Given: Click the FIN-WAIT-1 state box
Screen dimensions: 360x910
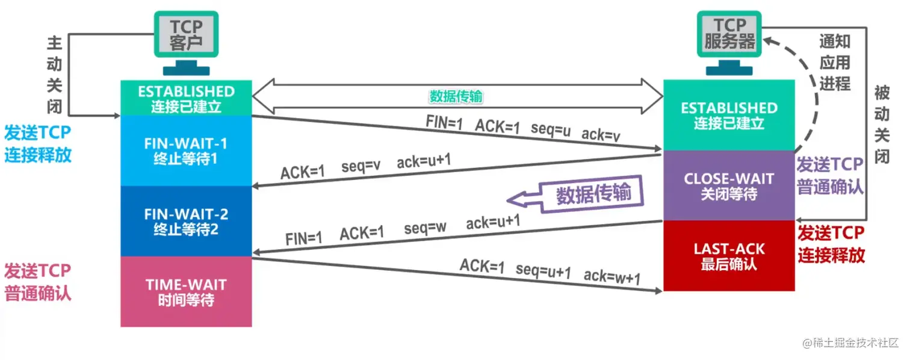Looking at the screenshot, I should pyautogui.click(x=186, y=151).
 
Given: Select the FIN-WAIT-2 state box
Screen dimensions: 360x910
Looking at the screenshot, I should pyautogui.click(x=186, y=222).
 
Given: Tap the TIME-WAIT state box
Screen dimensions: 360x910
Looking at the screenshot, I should pyautogui.click(x=186, y=292).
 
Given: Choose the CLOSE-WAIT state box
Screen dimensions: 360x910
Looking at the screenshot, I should pyautogui.click(x=728, y=186).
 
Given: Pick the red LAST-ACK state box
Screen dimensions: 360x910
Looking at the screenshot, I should pyautogui.click(x=728, y=256).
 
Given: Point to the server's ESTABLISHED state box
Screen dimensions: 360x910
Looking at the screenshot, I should pyautogui.click(x=728, y=116).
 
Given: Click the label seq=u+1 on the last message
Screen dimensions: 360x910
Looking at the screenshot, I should pyautogui.click(x=543, y=271).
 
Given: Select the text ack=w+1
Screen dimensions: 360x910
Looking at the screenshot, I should pyautogui.click(x=612, y=276).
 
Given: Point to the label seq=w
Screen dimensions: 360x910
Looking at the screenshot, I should pyautogui.click(x=425, y=229).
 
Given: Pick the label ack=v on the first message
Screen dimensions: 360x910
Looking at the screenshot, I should pyautogui.click(x=601, y=135).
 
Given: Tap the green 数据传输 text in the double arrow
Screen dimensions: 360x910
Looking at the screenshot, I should pyautogui.click(x=456, y=96).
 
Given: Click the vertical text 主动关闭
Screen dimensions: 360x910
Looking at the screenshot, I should pyautogui.click(x=55, y=75).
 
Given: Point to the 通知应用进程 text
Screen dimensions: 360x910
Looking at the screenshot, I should pyautogui.click(x=835, y=62).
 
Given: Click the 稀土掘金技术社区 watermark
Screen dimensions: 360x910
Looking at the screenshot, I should pyautogui.click(x=849, y=343).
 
